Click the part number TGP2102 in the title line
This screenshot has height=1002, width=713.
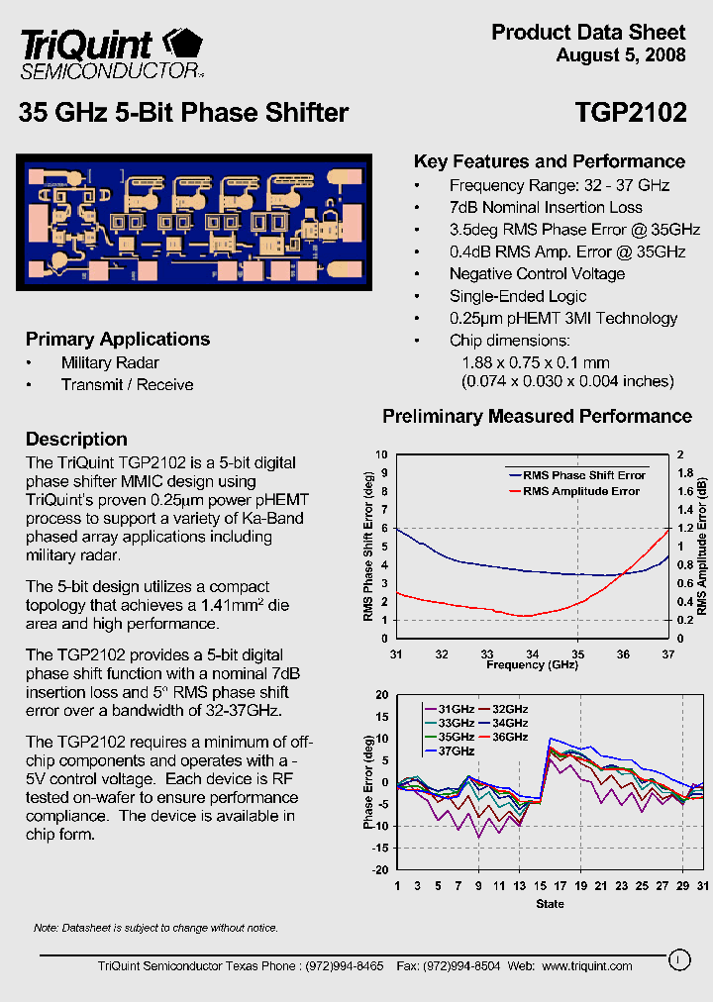point(631,113)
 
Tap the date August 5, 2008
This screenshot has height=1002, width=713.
point(621,55)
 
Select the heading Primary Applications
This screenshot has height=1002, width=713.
point(118,339)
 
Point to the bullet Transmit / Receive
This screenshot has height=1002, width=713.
point(127,384)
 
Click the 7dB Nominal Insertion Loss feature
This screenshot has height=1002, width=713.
point(546,207)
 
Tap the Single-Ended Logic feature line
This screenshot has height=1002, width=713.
point(518,296)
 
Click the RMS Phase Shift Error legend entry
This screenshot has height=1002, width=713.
point(584,475)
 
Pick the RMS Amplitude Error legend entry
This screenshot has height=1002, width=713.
point(581,491)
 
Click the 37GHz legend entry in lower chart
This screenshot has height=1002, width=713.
point(457,751)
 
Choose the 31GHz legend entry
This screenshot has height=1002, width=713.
point(457,709)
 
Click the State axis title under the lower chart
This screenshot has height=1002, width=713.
point(550,903)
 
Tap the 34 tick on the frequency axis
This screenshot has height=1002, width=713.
point(533,653)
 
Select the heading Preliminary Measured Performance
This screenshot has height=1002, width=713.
point(537,416)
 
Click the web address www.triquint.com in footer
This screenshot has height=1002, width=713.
point(586,965)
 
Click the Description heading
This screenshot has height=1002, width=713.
point(76,439)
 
